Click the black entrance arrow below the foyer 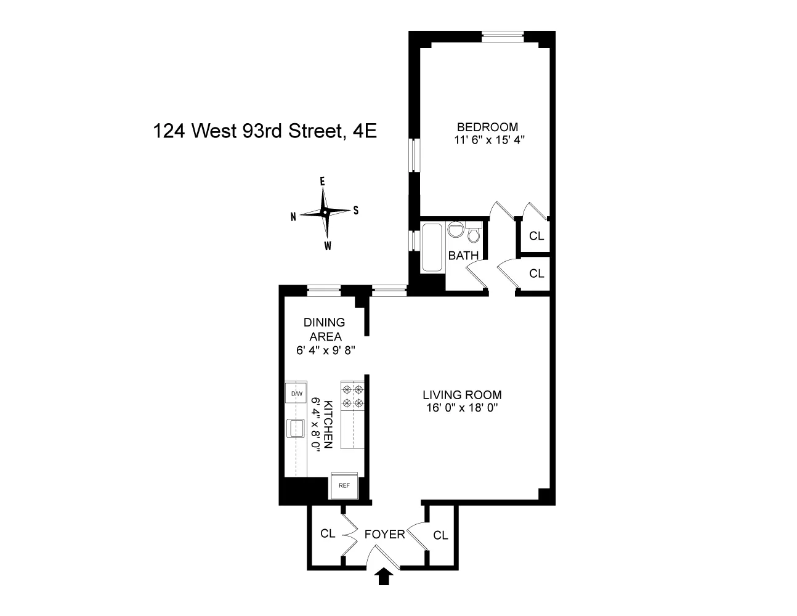pos(384,577)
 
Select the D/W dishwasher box pos(297,394)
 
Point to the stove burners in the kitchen pos(352,396)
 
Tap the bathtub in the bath pos(431,248)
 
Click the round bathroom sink pos(456,229)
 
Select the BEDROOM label pos(492,127)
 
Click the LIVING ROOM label pos(462,395)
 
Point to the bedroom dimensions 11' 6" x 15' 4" pos(492,140)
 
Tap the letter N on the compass pos(294,216)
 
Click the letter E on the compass pos(322,181)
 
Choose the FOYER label pos(384,534)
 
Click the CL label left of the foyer pos(328,533)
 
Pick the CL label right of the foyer pos(440,535)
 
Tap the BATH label pos(463,256)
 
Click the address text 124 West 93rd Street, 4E pos(265,131)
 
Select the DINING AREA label pos(324,330)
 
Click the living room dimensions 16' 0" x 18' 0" pos(461,407)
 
